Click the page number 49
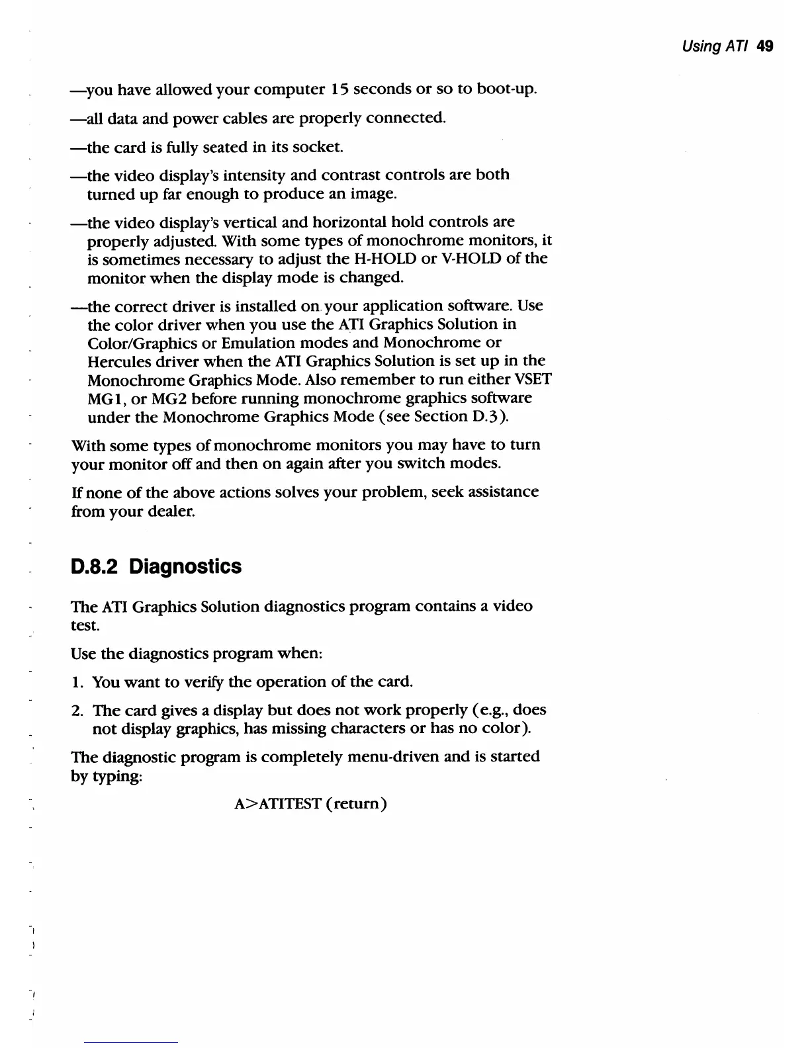tap(765, 46)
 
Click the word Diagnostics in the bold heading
tap(185, 567)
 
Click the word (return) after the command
tap(356, 804)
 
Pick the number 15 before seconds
tap(339, 89)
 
